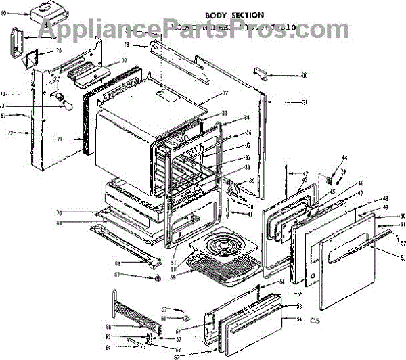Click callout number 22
[x=225, y=93]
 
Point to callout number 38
[x=248, y=167]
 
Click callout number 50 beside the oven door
[x=403, y=215]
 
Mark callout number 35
[x=248, y=133]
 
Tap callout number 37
[x=248, y=158]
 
